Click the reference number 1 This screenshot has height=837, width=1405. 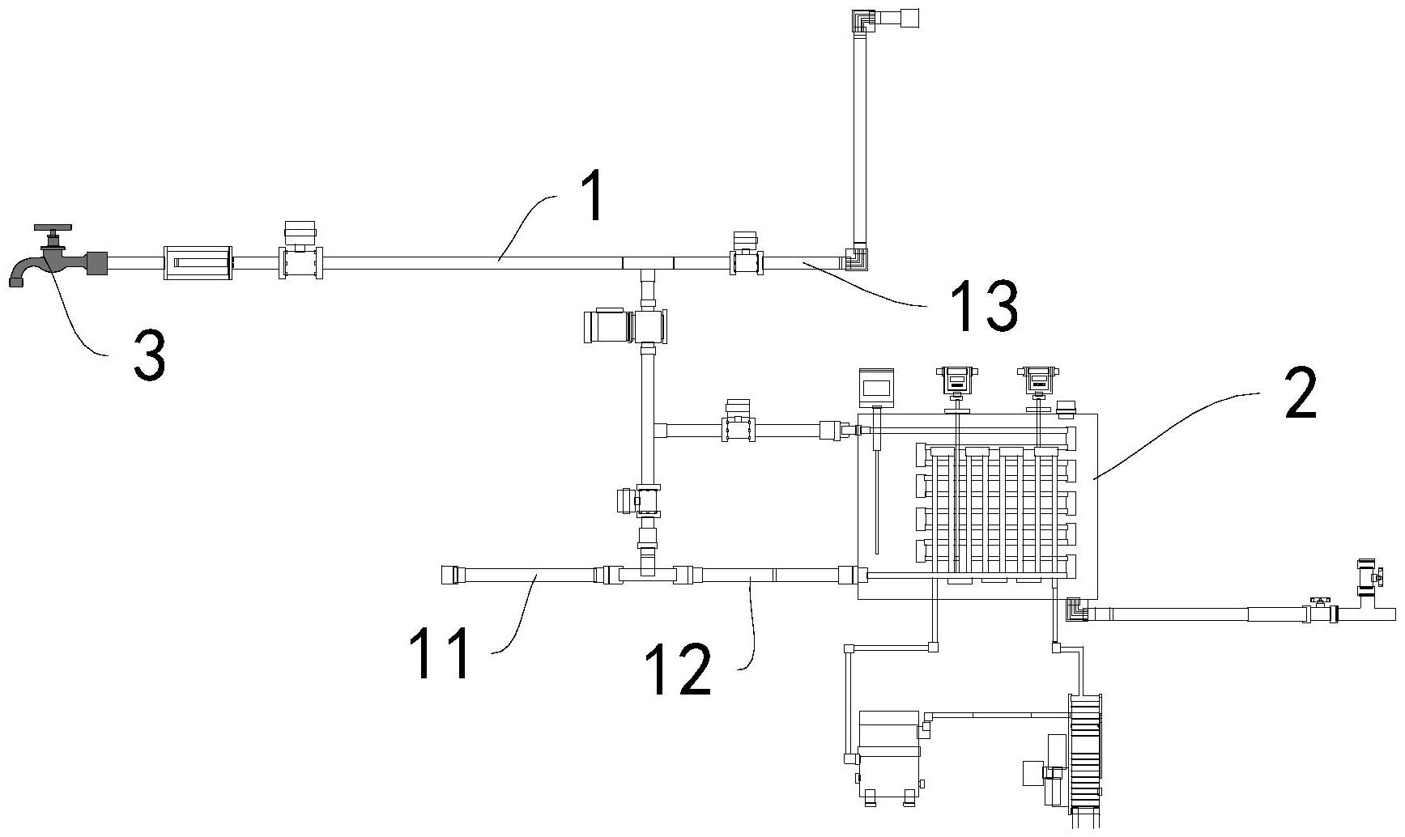pyautogui.click(x=594, y=198)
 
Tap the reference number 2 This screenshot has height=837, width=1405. pyautogui.click(x=1301, y=393)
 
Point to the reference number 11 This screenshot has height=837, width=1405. pyautogui.click(x=441, y=654)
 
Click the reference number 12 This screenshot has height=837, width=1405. pyautogui.click(x=679, y=669)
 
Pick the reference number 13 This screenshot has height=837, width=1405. pyautogui.click(x=984, y=306)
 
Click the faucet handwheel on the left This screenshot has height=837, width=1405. pyautogui.click(x=53, y=229)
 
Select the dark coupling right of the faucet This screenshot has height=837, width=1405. pyautogui.click(x=97, y=262)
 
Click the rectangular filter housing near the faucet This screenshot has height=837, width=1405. pyautogui.click(x=198, y=262)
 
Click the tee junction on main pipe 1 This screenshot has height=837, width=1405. pyautogui.click(x=648, y=264)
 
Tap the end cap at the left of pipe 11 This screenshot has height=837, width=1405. pyautogui.click(x=449, y=575)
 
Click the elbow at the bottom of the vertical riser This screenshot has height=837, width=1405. pyautogui.click(x=857, y=259)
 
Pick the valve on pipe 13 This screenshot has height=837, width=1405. pyautogui.click(x=745, y=259)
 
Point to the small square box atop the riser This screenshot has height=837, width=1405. pyautogui.click(x=911, y=17)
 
